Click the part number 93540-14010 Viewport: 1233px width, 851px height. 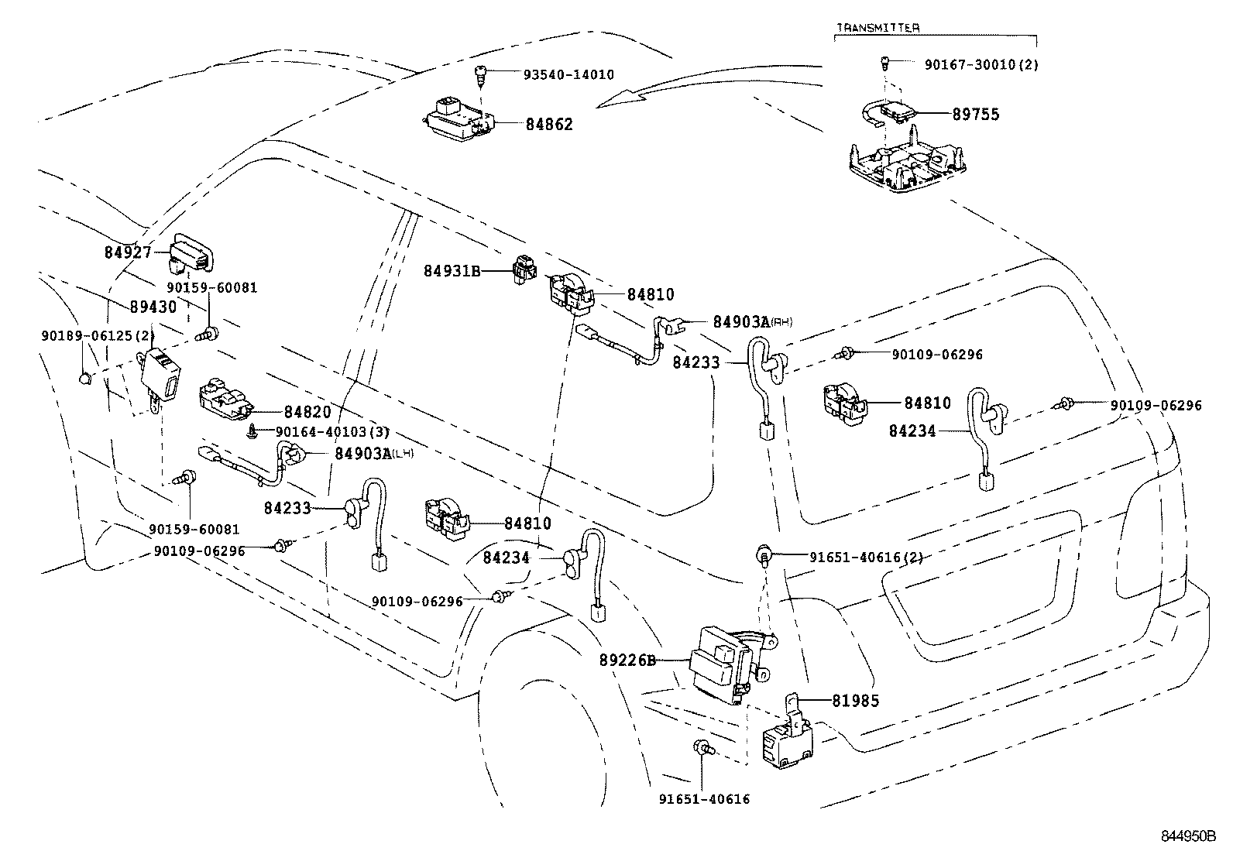[568, 75]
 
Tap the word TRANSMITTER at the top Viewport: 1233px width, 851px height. [878, 28]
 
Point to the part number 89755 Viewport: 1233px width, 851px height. [975, 115]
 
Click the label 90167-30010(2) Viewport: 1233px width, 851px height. [981, 65]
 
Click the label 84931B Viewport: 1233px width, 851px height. [452, 271]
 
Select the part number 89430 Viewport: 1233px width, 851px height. [153, 307]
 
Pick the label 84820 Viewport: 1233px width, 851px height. [307, 413]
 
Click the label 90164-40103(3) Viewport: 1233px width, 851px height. [332, 431]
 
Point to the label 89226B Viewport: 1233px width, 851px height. [627, 661]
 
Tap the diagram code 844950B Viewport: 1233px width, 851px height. [1188, 836]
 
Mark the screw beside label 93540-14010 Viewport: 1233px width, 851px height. [480, 76]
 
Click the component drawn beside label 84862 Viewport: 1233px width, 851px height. [459, 121]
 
